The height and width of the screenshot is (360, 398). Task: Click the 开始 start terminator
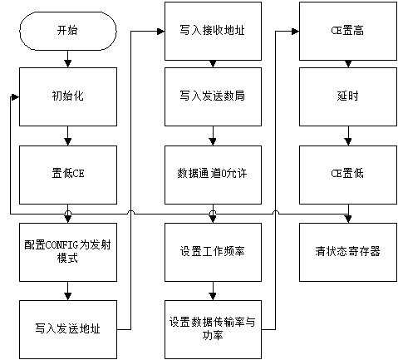[x=68, y=31]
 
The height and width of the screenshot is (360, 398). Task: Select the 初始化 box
[x=68, y=96]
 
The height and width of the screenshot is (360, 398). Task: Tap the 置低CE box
[x=68, y=175]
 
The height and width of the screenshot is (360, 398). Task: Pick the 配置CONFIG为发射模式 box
[x=68, y=252]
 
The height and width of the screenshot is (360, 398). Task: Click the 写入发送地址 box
[x=68, y=329]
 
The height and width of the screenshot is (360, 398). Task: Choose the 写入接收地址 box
[x=213, y=31]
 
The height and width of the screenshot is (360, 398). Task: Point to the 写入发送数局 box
[x=213, y=96]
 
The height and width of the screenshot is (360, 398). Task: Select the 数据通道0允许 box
[x=213, y=175]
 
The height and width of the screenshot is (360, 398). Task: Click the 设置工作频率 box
[x=213, y=252]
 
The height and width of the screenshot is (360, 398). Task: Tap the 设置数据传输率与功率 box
[x=213, y=329]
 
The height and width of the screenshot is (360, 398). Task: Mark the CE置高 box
[x=348, y=31]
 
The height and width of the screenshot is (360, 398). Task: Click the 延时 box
[x=348, y=96]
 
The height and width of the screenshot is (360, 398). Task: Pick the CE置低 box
[x=348, y=175]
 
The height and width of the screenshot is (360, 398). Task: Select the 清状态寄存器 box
[x=348, y=252]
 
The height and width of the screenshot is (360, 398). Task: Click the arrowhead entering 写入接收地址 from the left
[x=161, y=32]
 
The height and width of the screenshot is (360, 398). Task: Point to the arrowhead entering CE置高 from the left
[x=296, y=32]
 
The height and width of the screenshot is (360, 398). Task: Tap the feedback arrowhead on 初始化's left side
[x=15, y=97]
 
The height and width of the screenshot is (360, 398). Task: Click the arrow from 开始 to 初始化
[x=68, y=59]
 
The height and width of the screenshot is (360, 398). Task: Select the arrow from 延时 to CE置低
[x=348, y=136]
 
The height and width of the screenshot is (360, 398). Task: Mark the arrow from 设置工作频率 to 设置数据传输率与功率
[x=213, y=291]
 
